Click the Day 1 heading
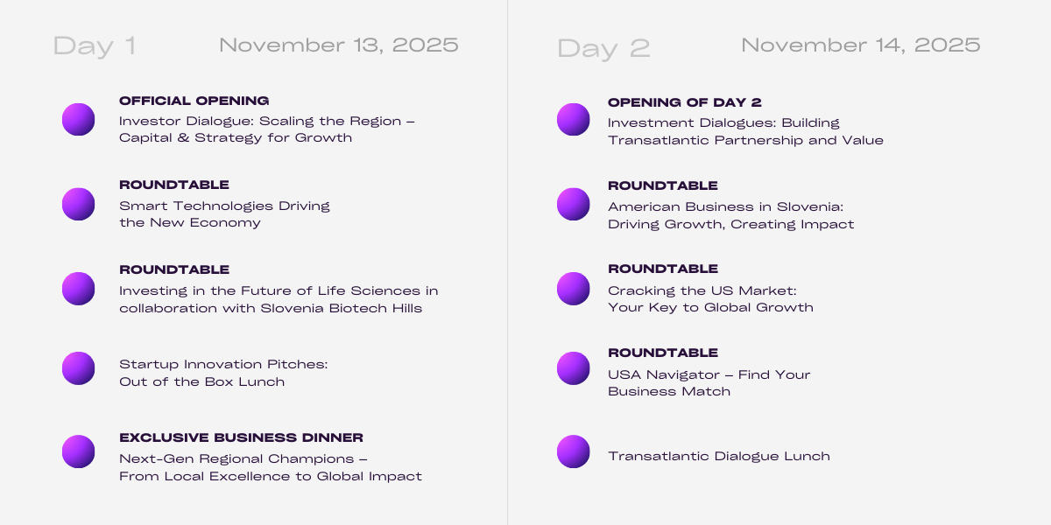95,45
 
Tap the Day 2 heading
603,49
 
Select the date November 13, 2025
339,45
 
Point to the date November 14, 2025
860,45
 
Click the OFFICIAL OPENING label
194,101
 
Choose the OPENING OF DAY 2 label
685,102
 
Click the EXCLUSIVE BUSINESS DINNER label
241,437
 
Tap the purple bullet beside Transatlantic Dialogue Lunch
574,451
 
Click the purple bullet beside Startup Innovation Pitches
78,368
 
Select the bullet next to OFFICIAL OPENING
78,120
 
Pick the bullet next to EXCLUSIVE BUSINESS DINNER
78,451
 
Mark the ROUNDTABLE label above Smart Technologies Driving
174,185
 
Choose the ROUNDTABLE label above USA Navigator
663,353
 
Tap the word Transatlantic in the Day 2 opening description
659,140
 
